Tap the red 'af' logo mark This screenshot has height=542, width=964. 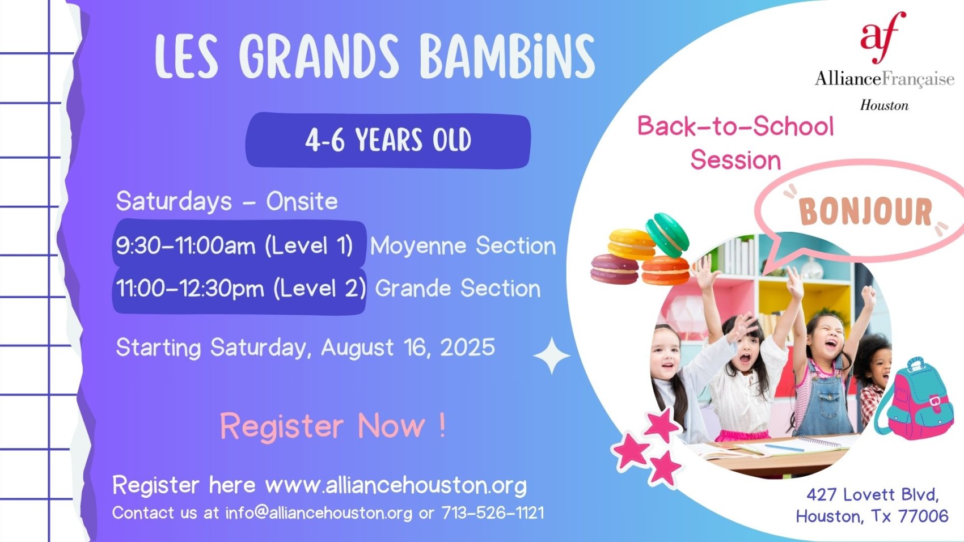[x=883, y=37]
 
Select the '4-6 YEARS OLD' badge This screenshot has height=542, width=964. [x=388, y=140]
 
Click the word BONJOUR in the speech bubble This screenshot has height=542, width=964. [x=865, y=211]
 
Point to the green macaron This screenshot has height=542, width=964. [x=667, y=235]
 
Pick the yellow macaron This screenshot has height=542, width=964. [x=632, y=244]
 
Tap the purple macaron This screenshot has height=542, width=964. [x=615, y=269]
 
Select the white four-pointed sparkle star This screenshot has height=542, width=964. [x=552, y=355]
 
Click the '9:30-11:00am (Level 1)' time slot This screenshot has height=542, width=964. [x=235, y=245]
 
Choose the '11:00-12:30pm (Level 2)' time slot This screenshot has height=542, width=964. [x=241, y=288]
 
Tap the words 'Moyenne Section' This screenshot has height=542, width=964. [x=463, y=245]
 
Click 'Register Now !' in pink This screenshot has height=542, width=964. [x=333, y=426]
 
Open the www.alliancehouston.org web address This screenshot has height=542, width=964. [x=396, y=485]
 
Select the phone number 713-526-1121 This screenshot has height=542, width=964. [x=493, y=513]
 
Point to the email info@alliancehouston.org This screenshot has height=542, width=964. [x=319, y=513]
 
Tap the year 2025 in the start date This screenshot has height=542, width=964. [x=467, y=347]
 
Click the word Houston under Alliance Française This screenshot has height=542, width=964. [x=884, y=105]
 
